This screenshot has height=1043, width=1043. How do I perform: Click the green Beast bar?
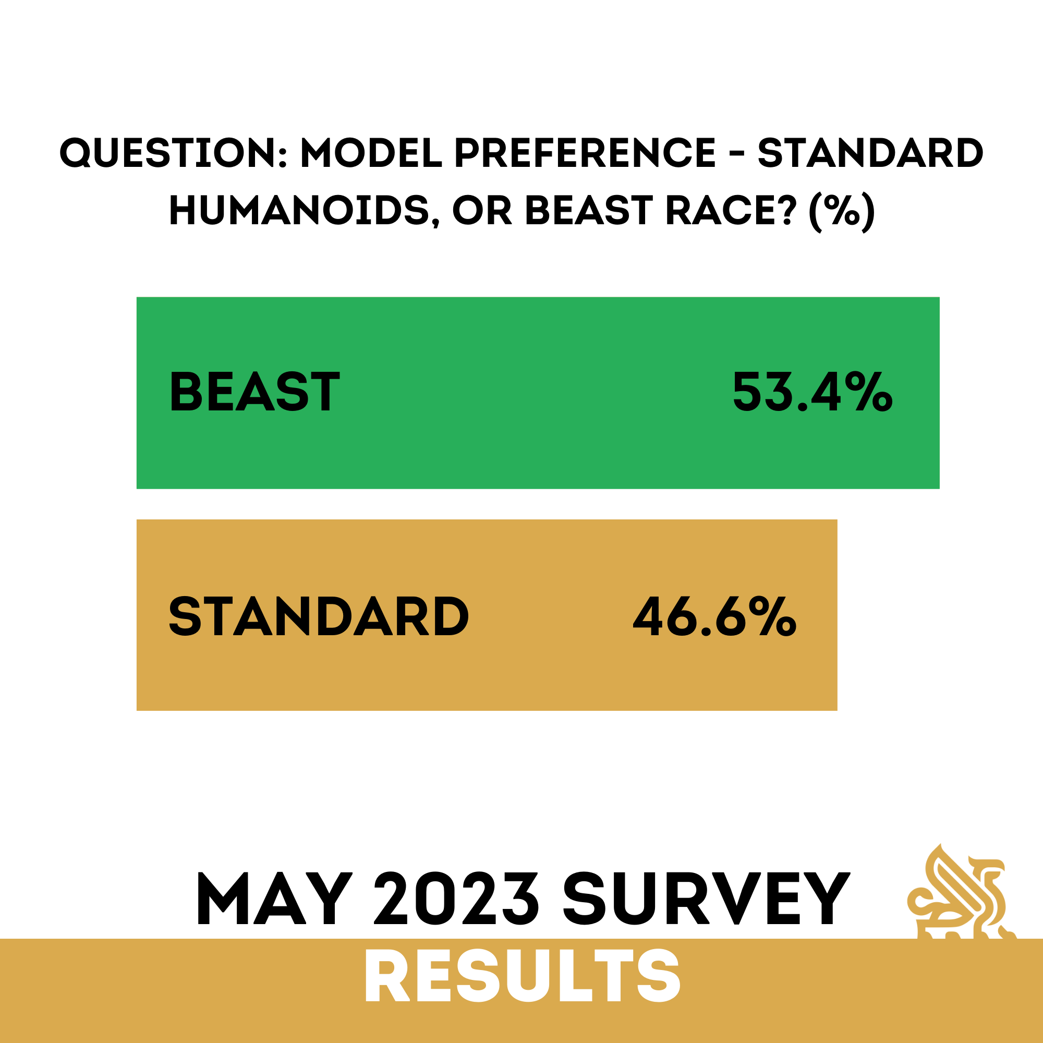pos(538,393)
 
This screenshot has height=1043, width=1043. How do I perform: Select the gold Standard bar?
pos(487,615)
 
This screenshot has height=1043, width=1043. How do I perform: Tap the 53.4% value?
pos(812,392)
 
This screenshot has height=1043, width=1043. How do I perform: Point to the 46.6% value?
pos(715,616)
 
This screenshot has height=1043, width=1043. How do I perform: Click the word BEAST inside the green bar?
pos(255,392)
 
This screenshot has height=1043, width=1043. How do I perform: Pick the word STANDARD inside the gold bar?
pos(319,616)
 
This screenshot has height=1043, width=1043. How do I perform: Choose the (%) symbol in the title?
pos(842,211)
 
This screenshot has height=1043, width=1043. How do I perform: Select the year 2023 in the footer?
pos(456,900)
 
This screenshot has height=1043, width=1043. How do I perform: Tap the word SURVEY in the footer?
pos(706,900)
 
